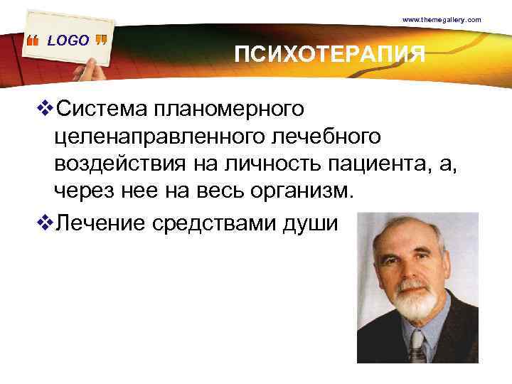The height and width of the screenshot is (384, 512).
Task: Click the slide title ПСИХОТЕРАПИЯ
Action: [331, 54]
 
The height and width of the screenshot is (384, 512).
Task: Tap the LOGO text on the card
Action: [68, 41]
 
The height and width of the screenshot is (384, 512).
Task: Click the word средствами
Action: [210, 223]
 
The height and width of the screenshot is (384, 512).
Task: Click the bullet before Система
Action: [47, 109]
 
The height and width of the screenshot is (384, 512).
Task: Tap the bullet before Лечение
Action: [47, 223]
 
